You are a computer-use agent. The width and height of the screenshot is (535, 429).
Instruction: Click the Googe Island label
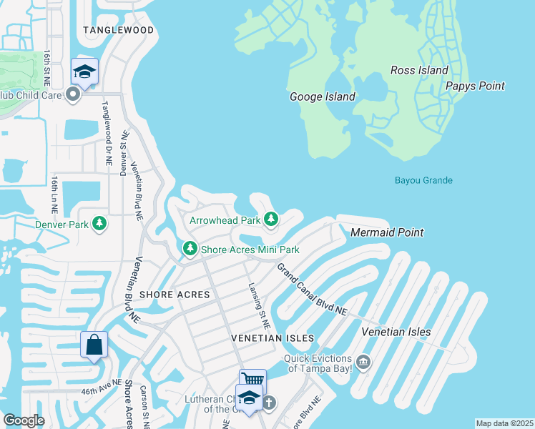tap(322, 97)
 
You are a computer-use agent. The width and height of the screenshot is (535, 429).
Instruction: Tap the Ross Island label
tap(419, 70)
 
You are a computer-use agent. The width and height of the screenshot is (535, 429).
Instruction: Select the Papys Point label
tap(475, 86)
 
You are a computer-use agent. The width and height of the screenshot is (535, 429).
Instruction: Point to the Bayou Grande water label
tap(423, 180)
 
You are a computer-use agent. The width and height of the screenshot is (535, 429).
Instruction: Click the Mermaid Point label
tap(387, 232)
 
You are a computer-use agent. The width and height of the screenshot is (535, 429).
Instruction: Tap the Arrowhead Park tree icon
tap(270, 220)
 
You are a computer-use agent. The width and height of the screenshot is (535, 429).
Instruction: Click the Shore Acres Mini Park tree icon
tap(190, 250)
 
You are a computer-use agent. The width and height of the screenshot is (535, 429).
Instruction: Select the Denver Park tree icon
tap(99, 225)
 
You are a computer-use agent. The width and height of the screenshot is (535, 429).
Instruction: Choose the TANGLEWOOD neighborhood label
tap(118, 30)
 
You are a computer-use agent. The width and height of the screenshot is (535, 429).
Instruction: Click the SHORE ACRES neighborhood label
tap(175, 295)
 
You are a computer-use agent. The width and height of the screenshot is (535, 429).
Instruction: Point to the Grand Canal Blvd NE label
tap(311, 290)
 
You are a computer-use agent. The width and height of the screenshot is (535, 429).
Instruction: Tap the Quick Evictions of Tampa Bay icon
tap(364, 363)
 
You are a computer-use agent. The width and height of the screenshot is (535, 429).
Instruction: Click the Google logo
tap(24, 420)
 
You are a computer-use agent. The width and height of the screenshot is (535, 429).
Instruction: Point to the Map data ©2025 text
tap(504, 423)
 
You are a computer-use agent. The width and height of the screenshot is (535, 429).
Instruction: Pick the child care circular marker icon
tap(72, 94)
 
